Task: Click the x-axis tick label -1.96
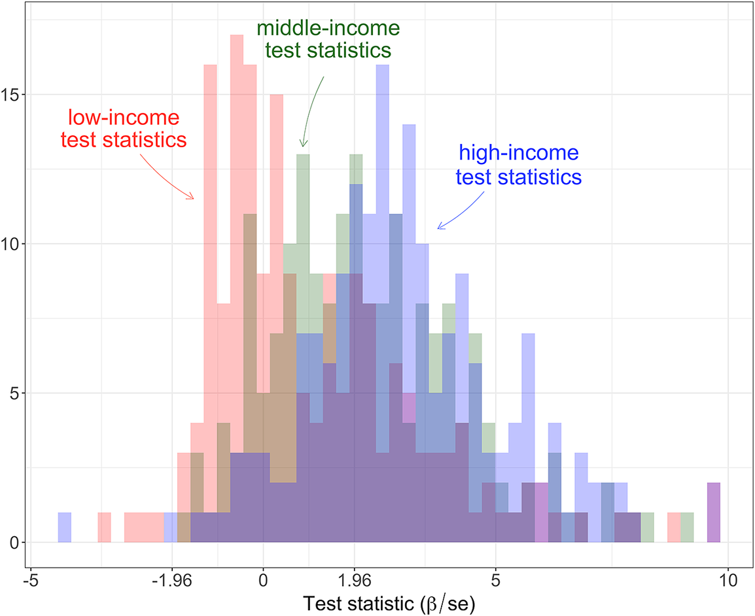pyautogui.click(x=171, y=579)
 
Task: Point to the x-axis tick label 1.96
pyautogui.click(x=354, y=579)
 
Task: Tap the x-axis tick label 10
pyautogui.click(x=728, y=579)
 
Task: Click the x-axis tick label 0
pyautogui.click(x=263, y=579)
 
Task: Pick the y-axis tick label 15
pyautogui.click(x=12, y=94)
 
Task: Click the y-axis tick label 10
pyautogui.click(x=12, y=244)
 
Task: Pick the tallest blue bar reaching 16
pyautogui.click(x=383, y=196)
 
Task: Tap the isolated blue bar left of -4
pyautogui.click(x=64, y=528)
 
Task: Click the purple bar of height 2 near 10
pyautogui.click(x=714, y=513)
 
